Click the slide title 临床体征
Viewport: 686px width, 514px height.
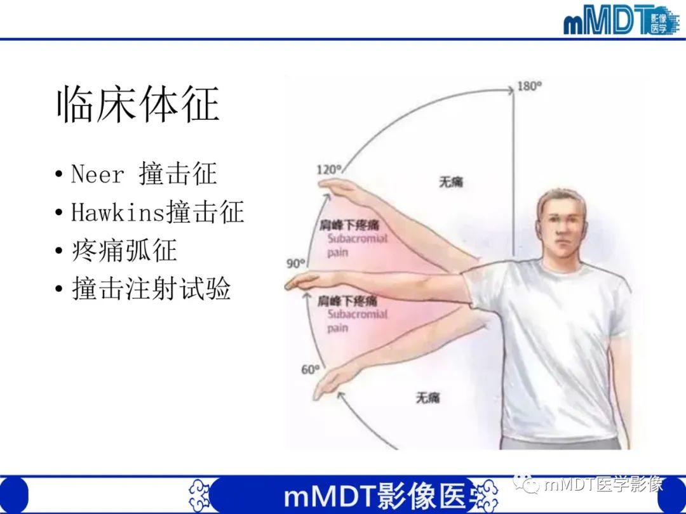coord(138,105)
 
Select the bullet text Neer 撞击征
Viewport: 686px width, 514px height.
coord(144,174)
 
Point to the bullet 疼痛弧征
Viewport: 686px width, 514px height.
coord(124,251)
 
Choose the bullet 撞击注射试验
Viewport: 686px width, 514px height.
coord(151,289)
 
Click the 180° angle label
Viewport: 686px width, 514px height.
coord(529,86)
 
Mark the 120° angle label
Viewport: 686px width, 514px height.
coord(329,170)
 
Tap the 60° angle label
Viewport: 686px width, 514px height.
coord(309,369)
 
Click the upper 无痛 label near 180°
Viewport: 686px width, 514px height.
coord(450,182)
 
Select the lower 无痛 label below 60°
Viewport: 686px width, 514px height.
coord(427,398)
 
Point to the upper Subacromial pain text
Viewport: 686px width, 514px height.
coord(357,246)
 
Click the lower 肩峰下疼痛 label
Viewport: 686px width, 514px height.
coord(347,300)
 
